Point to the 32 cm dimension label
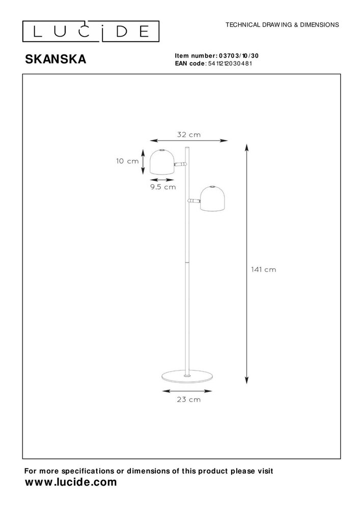pos(188,135)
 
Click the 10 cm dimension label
pos(127,161)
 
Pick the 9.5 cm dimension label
pos(163,187)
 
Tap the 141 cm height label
pos(264,269)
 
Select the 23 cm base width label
pos(187,400)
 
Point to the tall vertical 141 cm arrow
pos(247,262)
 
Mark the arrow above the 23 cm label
pos(187,391)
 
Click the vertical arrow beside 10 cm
pos(143,161)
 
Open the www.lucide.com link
pos(71,482)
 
